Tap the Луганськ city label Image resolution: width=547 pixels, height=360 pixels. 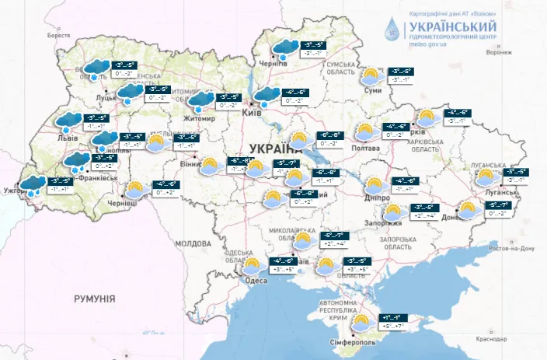(x=496, y=189)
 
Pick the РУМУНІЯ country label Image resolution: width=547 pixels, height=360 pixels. (x=95, y=299)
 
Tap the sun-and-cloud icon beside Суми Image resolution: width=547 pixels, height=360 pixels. (x=372, y=76)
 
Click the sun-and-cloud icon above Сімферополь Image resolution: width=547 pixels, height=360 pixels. (x=361, y=322)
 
